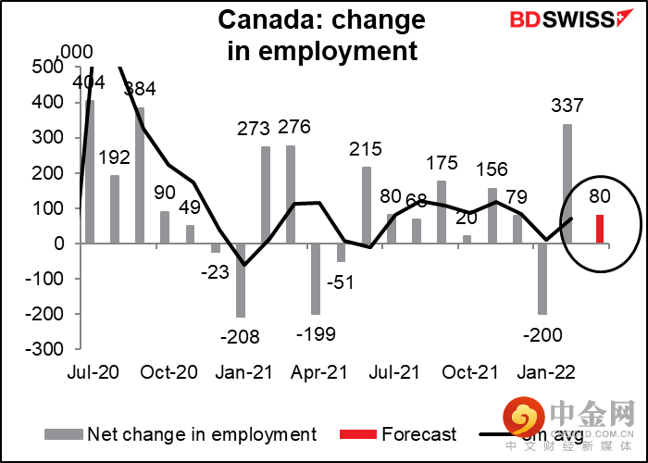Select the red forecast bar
600,229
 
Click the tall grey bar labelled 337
567,183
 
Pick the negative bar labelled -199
315,278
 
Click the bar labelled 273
266,194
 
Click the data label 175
442,164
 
